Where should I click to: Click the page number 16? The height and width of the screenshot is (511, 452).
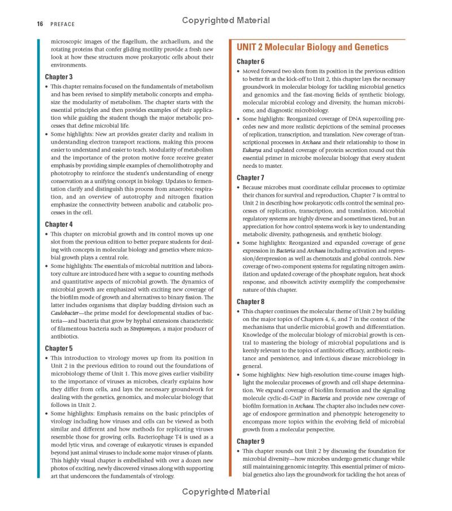click(40, 24)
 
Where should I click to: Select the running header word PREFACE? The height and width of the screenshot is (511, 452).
click(62, 24)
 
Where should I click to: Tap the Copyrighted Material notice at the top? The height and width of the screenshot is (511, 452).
click(226, 20)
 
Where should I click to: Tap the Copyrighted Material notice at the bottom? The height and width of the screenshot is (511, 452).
click(226, 492)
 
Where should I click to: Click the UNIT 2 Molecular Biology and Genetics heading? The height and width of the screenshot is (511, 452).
click(312, 47)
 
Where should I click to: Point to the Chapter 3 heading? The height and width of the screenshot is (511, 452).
click(59, 77)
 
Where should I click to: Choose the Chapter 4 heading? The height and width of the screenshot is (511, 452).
click(59, 224)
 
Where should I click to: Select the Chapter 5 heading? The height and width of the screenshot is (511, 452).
click(59, 348)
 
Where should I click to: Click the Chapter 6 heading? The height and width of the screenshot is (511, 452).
click(250, 62)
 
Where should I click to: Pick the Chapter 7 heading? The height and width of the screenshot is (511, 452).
click(250, 177)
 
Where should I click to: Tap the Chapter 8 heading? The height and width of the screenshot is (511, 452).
click(250, 302)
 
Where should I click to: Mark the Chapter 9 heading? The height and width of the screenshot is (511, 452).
click(250, 441)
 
